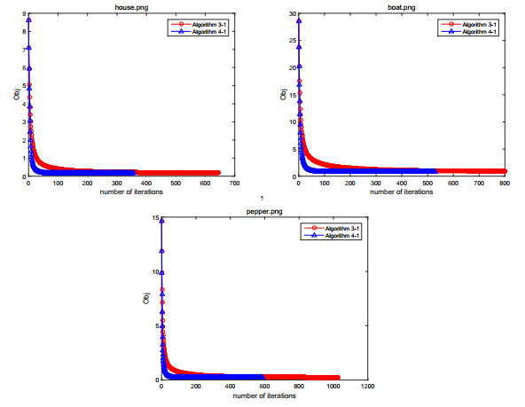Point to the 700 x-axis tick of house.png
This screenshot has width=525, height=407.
click(x=235, y=184)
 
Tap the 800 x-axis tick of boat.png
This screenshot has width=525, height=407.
click(x=505, y=184)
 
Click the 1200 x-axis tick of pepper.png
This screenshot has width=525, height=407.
click(x=371, y=387)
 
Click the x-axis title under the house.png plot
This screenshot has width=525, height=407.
click(x=131, y=192)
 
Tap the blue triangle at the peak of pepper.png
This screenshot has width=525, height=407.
click(x=161, y=222)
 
